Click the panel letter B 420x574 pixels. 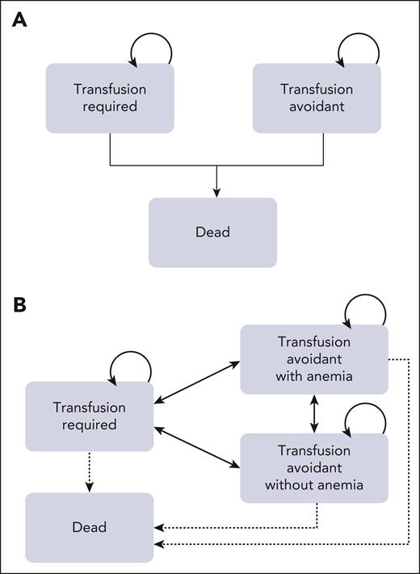tap(19, 307)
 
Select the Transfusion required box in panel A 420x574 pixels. tap(110, 98)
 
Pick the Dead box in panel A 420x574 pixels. tap(212, 233)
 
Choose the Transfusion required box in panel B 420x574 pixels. tap(89, 417)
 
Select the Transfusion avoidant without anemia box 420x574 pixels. tap(314, 468)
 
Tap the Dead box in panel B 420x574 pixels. tap(89, 527)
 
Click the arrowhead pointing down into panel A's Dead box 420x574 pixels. tap(216, 192)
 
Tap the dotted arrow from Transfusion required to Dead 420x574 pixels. tap(89, 471)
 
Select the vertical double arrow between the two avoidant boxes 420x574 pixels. tap(314, 413)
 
